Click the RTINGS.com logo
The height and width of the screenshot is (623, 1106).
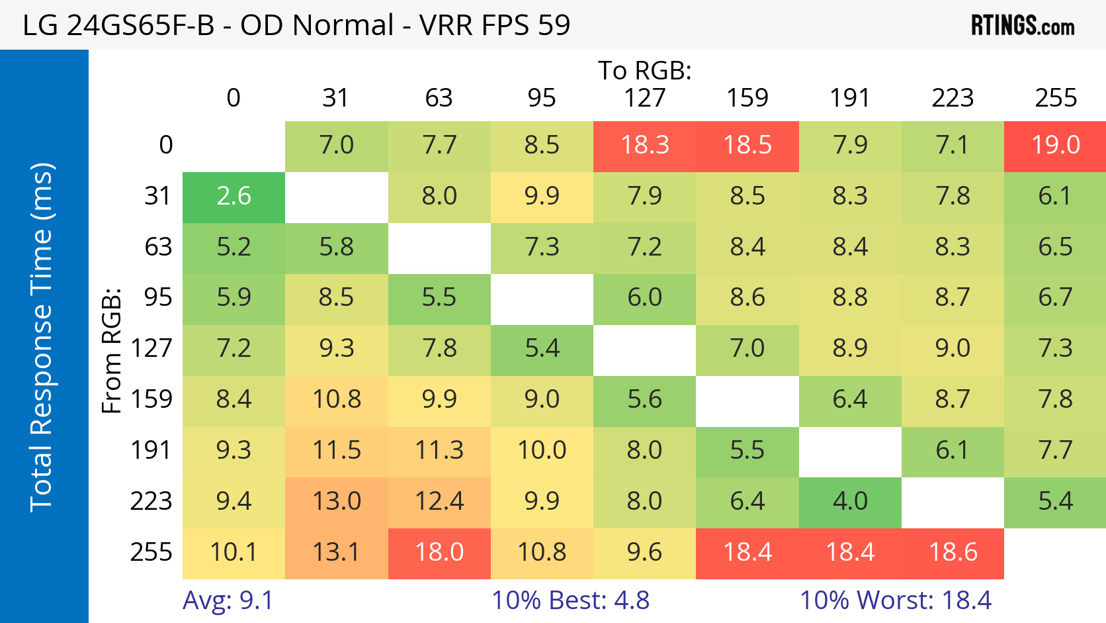tap(1022, 25)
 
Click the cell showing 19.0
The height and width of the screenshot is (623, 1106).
tap(1055, 145)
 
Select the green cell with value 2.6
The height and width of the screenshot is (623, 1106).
tap(234, 196)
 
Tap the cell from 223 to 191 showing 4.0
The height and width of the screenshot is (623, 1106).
tap(850, 501)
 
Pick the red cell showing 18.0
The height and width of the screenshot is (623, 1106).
tap(439, 552)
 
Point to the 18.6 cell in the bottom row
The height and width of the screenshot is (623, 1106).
tap(953, 552)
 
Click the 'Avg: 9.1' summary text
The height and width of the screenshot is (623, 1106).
tap(228, 600)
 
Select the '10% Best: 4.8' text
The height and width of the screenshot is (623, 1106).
tap(570, 600)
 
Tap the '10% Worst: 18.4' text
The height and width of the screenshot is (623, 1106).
tap(896, 600)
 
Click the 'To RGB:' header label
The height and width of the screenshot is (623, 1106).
tap(645, 70)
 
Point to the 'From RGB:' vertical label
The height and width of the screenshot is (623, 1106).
tap(111, 350)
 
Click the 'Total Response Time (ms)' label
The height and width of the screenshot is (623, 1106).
tap(41, 336)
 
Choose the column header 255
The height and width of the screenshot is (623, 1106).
tap(1056, 98)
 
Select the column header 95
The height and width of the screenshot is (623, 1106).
tap(542, 98)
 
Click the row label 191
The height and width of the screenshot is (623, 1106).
tap(151, 450)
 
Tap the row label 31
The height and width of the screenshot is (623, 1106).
tap(158, 196)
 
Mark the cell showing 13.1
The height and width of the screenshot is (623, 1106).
tap(336, 552)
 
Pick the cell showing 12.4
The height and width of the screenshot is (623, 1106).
tap(439, 501)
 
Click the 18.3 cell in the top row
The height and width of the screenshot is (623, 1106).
tap(645, 145)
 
